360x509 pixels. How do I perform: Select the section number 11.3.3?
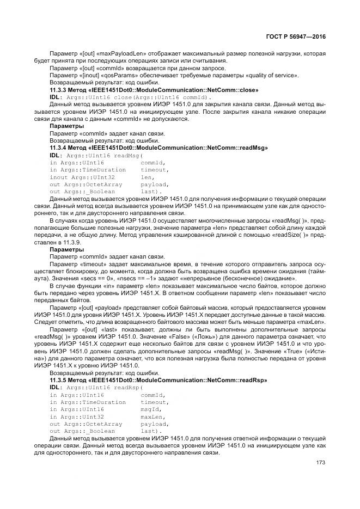coord(58,90)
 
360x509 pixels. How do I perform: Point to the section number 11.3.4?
coord(58,148)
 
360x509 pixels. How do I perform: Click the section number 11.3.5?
coord(58,380)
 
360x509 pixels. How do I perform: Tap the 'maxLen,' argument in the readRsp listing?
coord(153,416)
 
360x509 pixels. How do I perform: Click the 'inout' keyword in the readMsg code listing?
coord(58,177)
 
